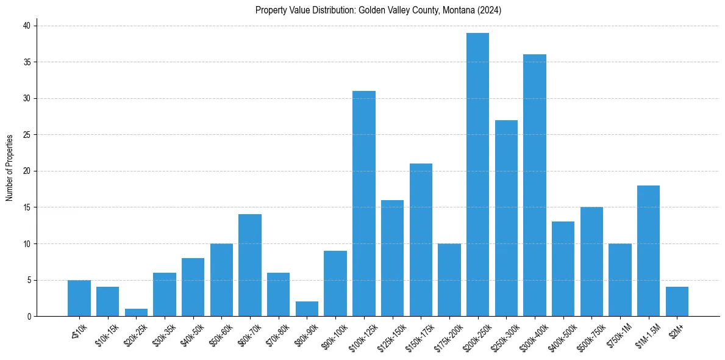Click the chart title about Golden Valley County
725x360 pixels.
tap(378, 10)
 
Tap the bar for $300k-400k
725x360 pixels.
tap(535, 185)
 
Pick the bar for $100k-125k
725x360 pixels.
tap(364, 204)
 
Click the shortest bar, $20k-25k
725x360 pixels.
tap(136, 312)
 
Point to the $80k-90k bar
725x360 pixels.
tap(307, 309)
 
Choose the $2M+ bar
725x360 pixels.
tap(677, 301)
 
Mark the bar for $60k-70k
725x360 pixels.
tap(250, 265)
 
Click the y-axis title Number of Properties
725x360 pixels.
tap(10, 167)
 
